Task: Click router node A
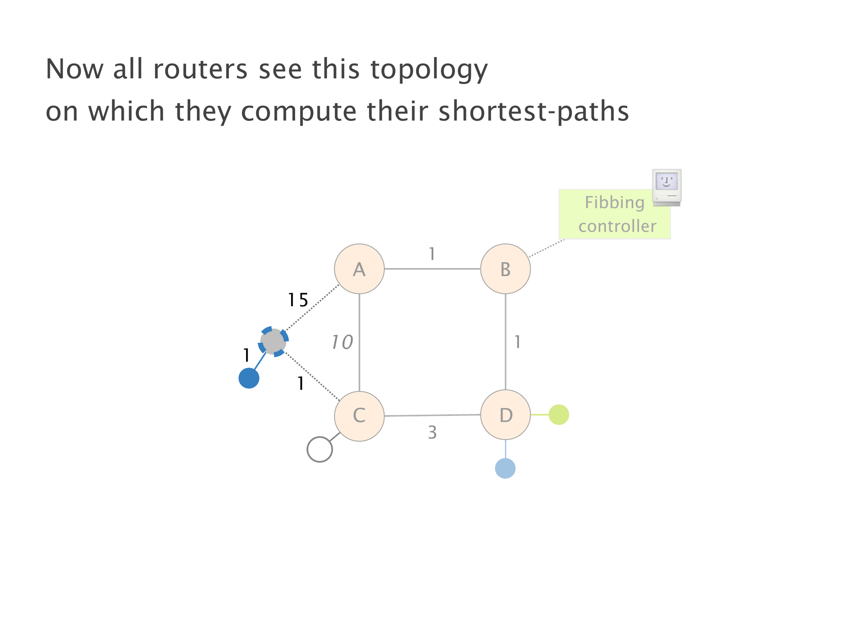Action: coord(359,269)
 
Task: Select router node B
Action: coord(505,269)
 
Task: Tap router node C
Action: coord(359,416)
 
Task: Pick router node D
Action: coord(505,415)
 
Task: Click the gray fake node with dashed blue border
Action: coord(273,342)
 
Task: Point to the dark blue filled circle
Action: coord(249,378)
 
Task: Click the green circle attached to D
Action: coord(559,415)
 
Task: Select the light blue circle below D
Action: coord(505,468)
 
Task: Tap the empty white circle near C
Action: coord(320,449)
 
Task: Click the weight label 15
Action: coord(298,300)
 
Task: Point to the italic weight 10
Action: coord(342,342)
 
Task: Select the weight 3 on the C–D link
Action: coord(432,432)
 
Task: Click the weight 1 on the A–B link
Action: coord(432,254)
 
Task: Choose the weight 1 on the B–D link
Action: coord(517,342)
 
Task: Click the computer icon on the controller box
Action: coord(667,187)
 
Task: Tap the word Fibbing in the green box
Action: coord(614,203)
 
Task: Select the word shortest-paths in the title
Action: coord(534,111)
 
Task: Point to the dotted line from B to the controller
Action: coord(547,248)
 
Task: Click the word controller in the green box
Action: coord(617,226)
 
